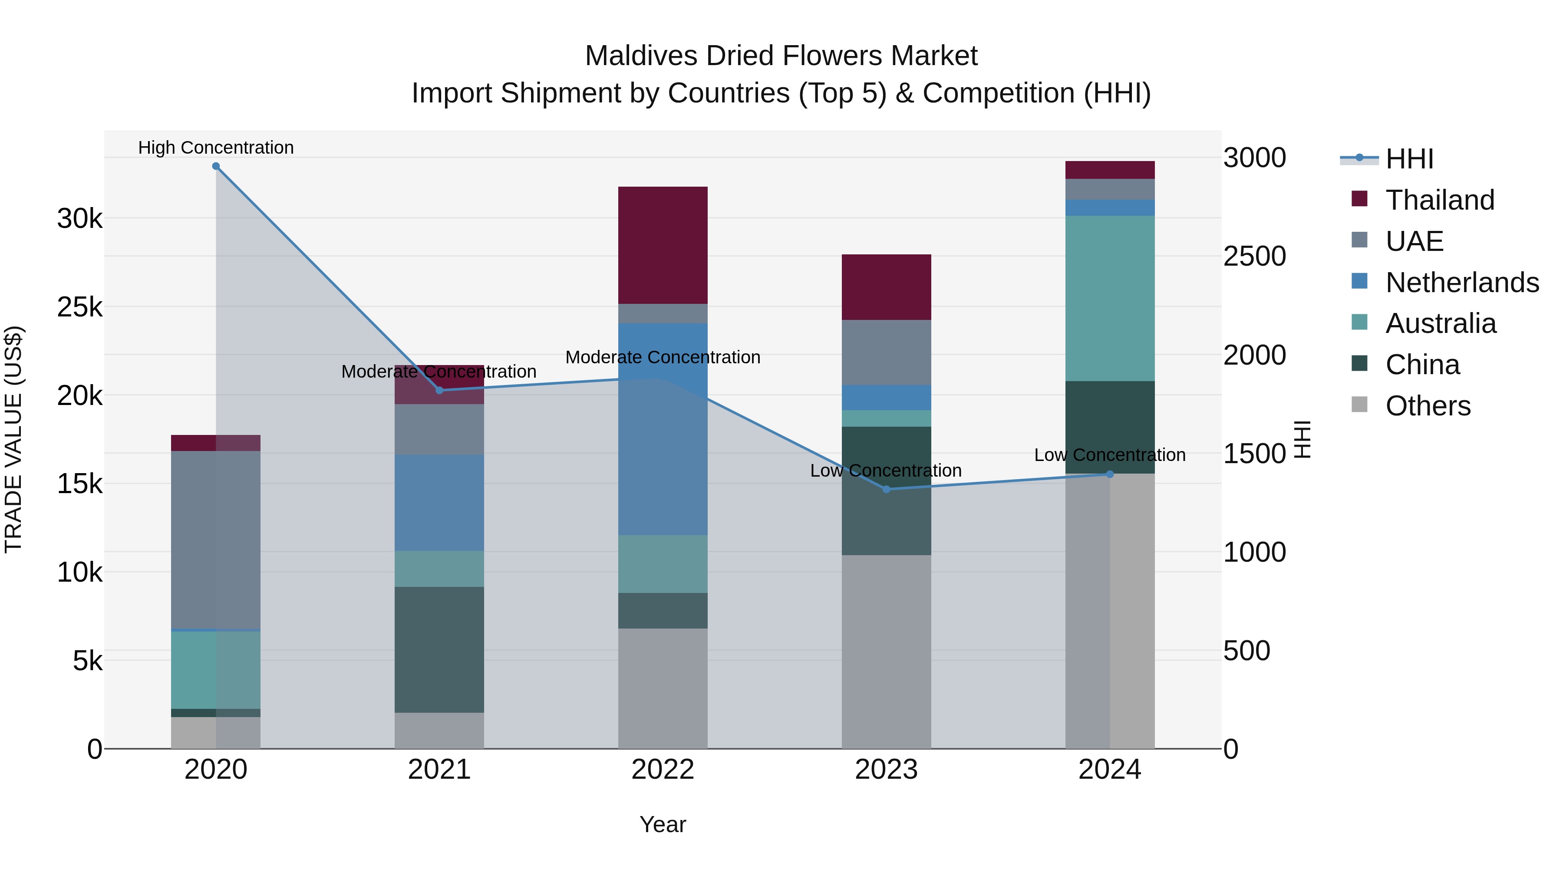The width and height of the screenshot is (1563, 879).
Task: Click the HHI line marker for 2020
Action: (x=216, y=166)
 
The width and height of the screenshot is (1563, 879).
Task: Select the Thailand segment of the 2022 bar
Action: (x=663, y=245)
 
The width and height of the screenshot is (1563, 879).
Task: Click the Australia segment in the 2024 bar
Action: (x=1110, y=299)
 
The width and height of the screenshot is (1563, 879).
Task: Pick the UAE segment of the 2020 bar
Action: (x=216, y=540)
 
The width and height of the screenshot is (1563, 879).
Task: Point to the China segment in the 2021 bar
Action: (x=439, y=649)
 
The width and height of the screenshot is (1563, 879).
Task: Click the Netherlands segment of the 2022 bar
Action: (x=663, y=429)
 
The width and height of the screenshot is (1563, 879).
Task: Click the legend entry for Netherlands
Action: (x=1462, y=283)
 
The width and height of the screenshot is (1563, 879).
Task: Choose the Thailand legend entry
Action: (x=1439, y=200)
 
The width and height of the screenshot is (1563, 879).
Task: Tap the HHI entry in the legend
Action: (x=1409, y=159)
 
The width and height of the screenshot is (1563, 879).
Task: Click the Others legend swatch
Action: (x=1360, y=405)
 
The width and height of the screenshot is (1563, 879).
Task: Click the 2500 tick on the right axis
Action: (x=1254, y=257)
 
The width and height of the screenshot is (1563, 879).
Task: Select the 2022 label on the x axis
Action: (x=663, y=770)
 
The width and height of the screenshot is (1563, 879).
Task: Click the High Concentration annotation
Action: (x=216, y=148)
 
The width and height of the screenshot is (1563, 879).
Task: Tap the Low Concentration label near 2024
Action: (x=1109, y=454)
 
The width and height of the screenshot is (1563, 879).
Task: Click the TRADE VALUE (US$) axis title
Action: (x=13, y=439)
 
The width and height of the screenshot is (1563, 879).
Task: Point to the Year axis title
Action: (x=663, y=824)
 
